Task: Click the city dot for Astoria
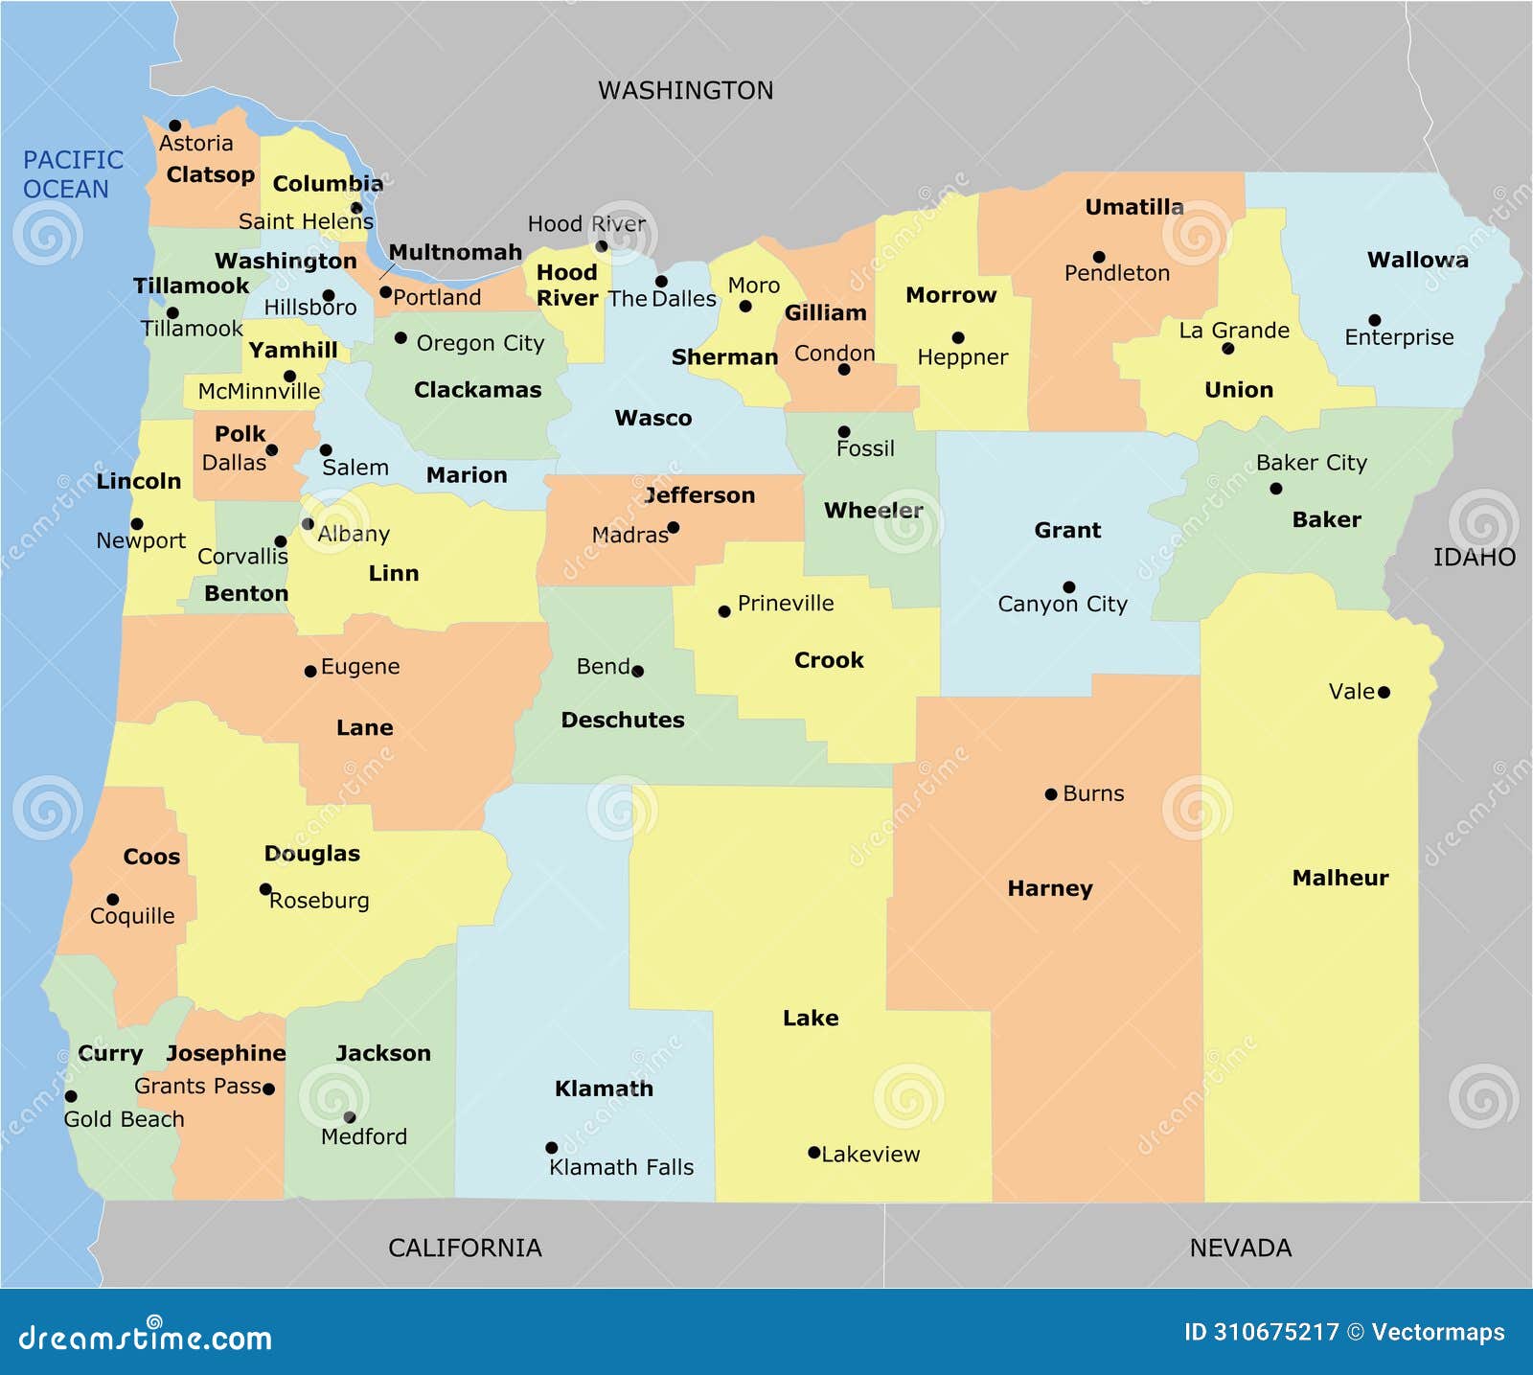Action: [x=175, y=126]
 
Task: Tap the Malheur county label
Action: [x=1339, y=878]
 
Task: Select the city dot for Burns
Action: [x=1051, y=794]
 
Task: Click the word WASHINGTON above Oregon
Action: [x=685, y=90]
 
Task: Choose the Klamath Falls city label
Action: [x=621, y=1167]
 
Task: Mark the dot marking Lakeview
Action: [x=813, y=1153]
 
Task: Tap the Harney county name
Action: [x=1049, y=888]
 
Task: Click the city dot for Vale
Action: [x=1384, y=692]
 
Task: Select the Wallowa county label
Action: [x=1417, y=260]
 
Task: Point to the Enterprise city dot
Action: [x=1375, y=320]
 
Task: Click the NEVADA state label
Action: [x=1240, y=1248]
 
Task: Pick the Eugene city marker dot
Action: [x=310, y=672]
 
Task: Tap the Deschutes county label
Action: [x=623, y=720]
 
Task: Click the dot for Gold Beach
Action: [x=71, y=1096]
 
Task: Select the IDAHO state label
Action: [x=1474, y=558]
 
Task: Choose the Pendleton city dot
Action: [x=1099, y=257]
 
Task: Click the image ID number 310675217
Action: [x=1275, y=1332]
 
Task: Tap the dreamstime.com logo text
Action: [x=145, y=1338]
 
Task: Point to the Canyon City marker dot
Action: [x=1069, y=587]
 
